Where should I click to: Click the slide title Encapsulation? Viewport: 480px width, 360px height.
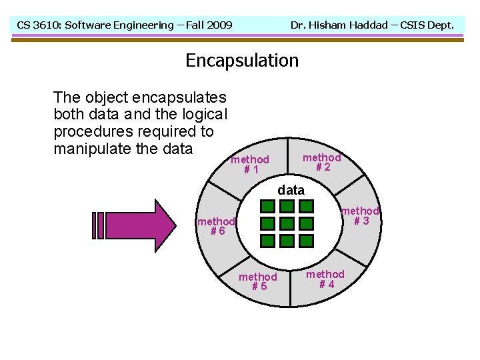(242, 61)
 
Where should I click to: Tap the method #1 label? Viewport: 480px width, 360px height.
(250, 165)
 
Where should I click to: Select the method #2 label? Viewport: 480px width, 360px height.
(321, 163)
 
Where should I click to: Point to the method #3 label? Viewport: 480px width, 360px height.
(360, 216)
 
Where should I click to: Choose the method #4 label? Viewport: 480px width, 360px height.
(325, 279)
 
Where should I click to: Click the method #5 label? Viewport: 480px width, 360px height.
(258, 281)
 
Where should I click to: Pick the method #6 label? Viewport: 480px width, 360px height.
(216, 226)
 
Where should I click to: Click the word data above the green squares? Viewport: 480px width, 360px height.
(291, 190)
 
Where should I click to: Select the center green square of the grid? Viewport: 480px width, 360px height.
(287, 224)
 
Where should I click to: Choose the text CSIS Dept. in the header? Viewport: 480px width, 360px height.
(427, 25)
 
